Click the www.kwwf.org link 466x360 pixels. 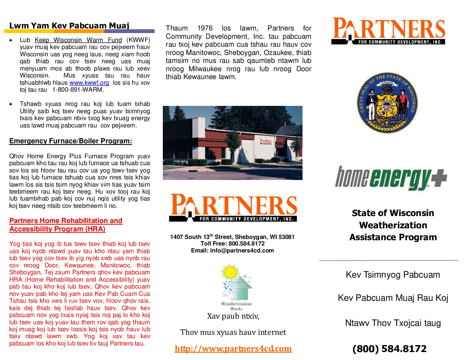point(89,83)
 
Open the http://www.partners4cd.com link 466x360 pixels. point(233,348)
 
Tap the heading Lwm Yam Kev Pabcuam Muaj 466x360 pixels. point(69,25)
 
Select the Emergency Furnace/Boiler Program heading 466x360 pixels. point(70,141)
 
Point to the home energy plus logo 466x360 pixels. point(391,178)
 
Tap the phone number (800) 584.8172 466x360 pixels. point(389,349)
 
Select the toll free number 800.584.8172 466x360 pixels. point(246,244)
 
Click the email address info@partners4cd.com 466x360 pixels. point(242,250)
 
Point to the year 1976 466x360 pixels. point(205,28)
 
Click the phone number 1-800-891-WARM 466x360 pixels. point(78,90)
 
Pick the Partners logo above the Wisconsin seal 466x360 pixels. point(389,31)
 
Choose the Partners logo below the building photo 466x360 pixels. point(233,207)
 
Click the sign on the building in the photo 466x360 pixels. point(265,142)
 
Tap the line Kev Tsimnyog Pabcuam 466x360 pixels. point(393,275)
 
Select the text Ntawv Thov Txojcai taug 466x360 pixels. point(393,323)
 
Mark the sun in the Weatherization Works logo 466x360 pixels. point(230,272)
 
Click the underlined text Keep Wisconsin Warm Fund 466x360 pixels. point(78,40)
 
